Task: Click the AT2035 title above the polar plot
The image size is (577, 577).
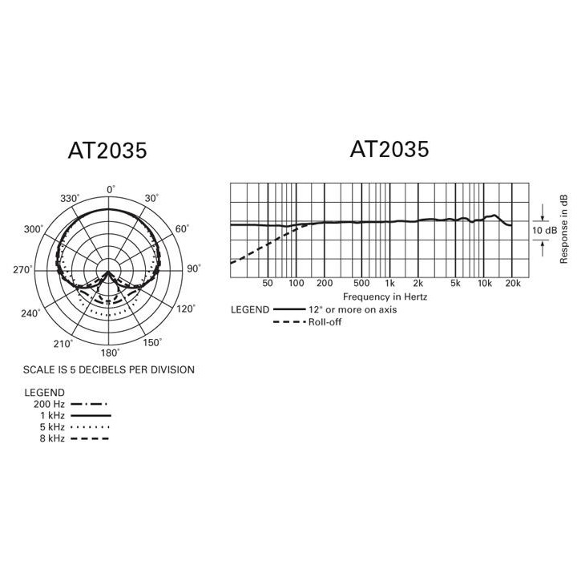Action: [108, 151]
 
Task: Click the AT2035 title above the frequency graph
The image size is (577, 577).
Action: [389, 149]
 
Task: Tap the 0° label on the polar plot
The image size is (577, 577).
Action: [111, 189]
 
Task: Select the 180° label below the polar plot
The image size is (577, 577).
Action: [109, 352]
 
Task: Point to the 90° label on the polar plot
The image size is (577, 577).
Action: [193, 269]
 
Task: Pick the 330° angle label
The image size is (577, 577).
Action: [71, 199]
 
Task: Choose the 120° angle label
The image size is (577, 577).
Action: [185, 309]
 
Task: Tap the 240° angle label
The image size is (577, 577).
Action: [30, 313]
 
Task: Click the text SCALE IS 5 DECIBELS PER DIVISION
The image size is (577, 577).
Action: [109, 369]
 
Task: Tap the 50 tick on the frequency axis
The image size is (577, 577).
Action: [268, 284]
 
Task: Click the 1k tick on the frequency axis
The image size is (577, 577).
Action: [389, 284]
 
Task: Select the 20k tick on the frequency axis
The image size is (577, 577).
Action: [513, 284]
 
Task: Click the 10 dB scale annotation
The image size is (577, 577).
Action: [545, 231]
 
